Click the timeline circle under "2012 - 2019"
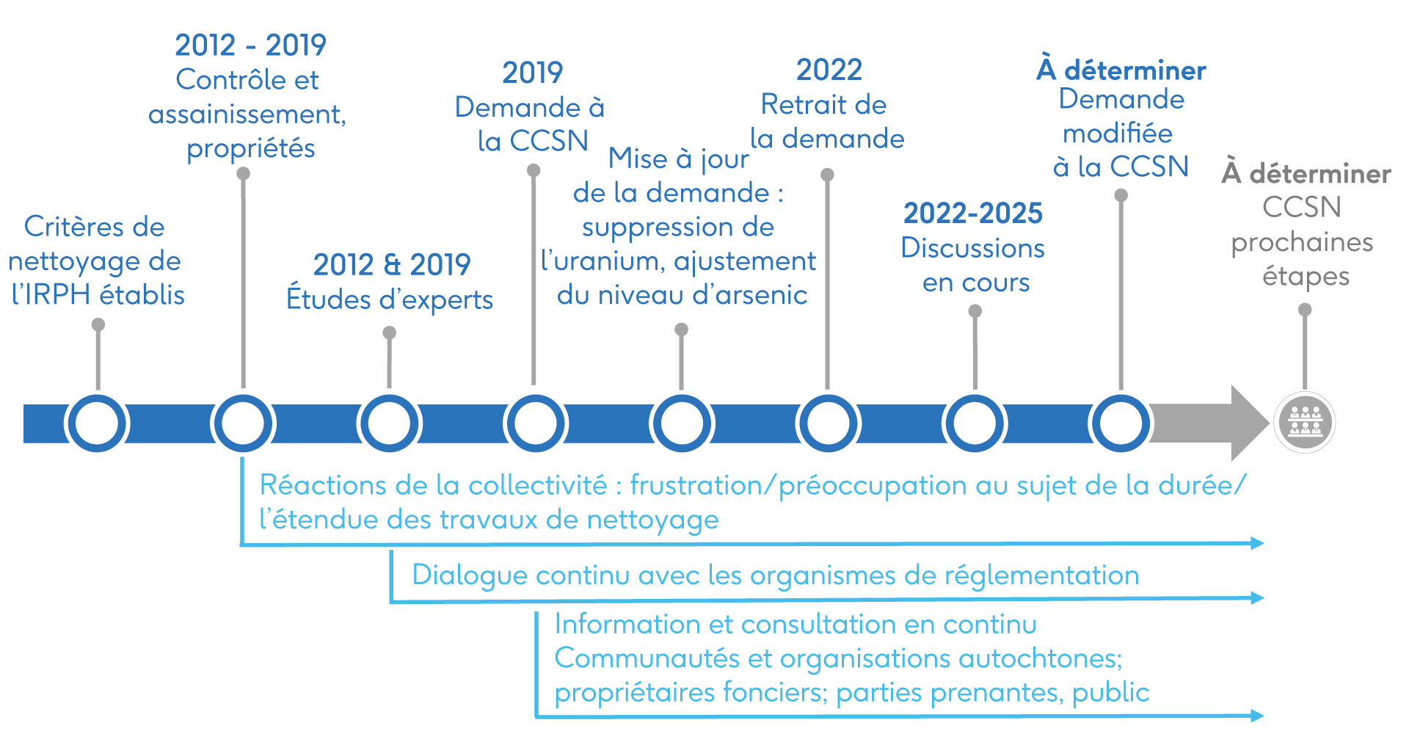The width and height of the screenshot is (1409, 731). [243, 423]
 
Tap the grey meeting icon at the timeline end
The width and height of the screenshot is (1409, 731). [1304, 422]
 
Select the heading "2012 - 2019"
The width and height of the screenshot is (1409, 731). [250, 46]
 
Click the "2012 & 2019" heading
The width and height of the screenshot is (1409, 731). [392, 265]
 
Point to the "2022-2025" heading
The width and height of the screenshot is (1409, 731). [972, 214]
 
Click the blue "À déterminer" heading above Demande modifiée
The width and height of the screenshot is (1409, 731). [1121, 70]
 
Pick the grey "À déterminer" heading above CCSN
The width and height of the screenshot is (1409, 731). [1306, 174]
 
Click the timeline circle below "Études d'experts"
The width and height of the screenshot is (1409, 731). [389, 423]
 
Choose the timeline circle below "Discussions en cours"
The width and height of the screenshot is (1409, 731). [975, 423]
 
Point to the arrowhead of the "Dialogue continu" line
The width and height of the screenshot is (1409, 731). [1257, 598]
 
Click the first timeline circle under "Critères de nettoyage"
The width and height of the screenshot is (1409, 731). [97, 423]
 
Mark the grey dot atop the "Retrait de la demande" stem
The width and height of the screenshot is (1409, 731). [827, 175]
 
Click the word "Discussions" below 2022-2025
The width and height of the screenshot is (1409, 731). [972, 249]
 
